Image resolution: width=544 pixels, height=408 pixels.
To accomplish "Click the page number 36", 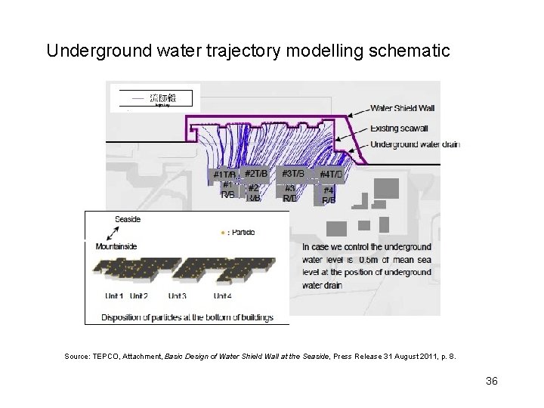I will (x=492, y=380).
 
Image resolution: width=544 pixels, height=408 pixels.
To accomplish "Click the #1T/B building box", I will (x=224, y=175).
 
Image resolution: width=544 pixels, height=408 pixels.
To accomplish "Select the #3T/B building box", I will (x=292, y=174).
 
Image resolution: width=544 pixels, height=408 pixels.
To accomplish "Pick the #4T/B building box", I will (x=331, y=175).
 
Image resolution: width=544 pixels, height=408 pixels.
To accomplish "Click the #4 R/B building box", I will (x=329, y=195).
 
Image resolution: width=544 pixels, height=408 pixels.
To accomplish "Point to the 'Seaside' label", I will (x=128, y=219).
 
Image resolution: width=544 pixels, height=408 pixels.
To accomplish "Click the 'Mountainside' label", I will (x=114, y=246).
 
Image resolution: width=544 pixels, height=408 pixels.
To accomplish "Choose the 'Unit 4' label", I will (x=224, y=295).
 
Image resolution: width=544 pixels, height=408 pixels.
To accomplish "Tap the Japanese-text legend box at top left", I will (x=156, y=97).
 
